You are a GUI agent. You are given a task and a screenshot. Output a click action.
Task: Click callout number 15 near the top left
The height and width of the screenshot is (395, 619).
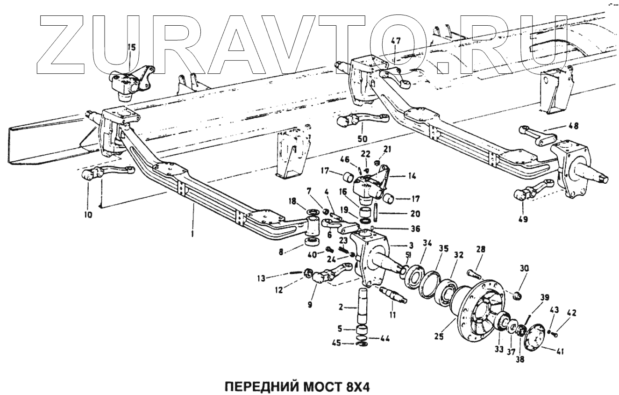click(131, 47)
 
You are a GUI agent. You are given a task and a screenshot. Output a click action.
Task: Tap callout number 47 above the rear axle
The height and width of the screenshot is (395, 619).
click(396, 42)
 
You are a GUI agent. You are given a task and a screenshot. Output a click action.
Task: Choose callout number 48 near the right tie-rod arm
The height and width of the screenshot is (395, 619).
click(573, 126)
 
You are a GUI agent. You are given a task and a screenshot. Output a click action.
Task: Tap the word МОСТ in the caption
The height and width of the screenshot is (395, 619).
click(320, 387)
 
